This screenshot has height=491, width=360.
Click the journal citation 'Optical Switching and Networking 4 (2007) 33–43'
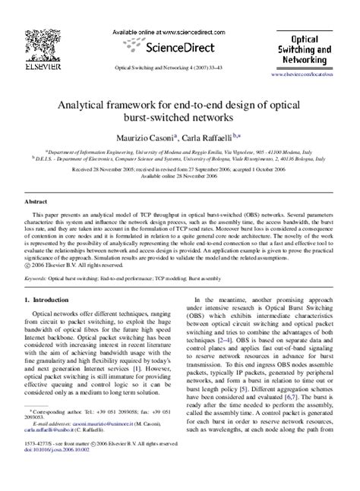[x=179, y=66]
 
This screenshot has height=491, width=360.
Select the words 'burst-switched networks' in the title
[x=179, y=118]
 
